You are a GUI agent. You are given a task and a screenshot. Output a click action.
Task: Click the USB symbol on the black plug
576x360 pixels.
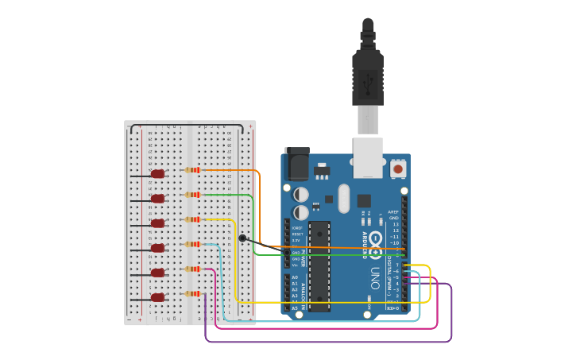pyautogui.click(x=368, y=79)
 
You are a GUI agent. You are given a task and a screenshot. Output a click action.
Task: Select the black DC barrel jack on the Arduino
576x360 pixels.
pyautogui.click(x=296, y=165)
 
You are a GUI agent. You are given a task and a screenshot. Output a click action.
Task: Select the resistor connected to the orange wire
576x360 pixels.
pyautogui.click(x=192, y=170)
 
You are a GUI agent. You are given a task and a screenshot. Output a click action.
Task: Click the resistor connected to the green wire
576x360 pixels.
pyautogui.click(x=192, y=195)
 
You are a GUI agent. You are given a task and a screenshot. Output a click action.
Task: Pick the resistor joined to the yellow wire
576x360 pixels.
pyautogui.click(x=192, y=219)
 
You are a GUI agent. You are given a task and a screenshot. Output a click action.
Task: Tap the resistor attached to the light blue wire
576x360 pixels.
pyautogui.click(x=192, y=244)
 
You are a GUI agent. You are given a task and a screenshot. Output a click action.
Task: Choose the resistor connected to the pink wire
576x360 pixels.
pyautogui.click(x=192, y=269)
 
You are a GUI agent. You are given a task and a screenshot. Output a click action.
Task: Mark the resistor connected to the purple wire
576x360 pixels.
pyautogui.click(x=192, y=293)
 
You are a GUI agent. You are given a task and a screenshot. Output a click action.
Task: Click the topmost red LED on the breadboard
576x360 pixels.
pyautogui.click(x=157, y=174)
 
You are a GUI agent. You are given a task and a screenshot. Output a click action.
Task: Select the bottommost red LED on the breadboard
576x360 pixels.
pyautogui.click(x=157, y=297)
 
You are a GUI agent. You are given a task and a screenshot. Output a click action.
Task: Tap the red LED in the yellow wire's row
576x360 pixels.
pyautogui.click(x=157, y=223)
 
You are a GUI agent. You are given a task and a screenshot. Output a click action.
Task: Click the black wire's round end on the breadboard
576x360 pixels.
pyautogui.click(x=242, y=238)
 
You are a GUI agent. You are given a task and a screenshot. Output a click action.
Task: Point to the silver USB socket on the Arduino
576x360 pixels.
pyautogui.click(x=368, y=157)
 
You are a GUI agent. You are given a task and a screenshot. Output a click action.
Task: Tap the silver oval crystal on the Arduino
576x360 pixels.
pyautogui.click(x=343, y=199)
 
